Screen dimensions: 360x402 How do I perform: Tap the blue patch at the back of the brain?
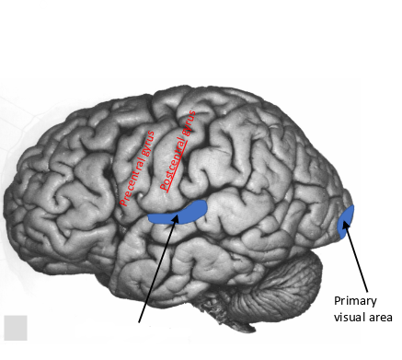[x=346, y=222]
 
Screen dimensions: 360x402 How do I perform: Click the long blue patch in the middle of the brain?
[x=179, y=215]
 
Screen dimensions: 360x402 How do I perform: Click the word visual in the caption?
[x=350, y=318]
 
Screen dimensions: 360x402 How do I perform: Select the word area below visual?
[x=380, y=318]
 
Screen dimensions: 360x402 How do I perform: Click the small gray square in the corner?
[x=16, y=328]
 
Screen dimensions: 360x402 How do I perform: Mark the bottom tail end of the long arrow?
[x=140, y=323]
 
